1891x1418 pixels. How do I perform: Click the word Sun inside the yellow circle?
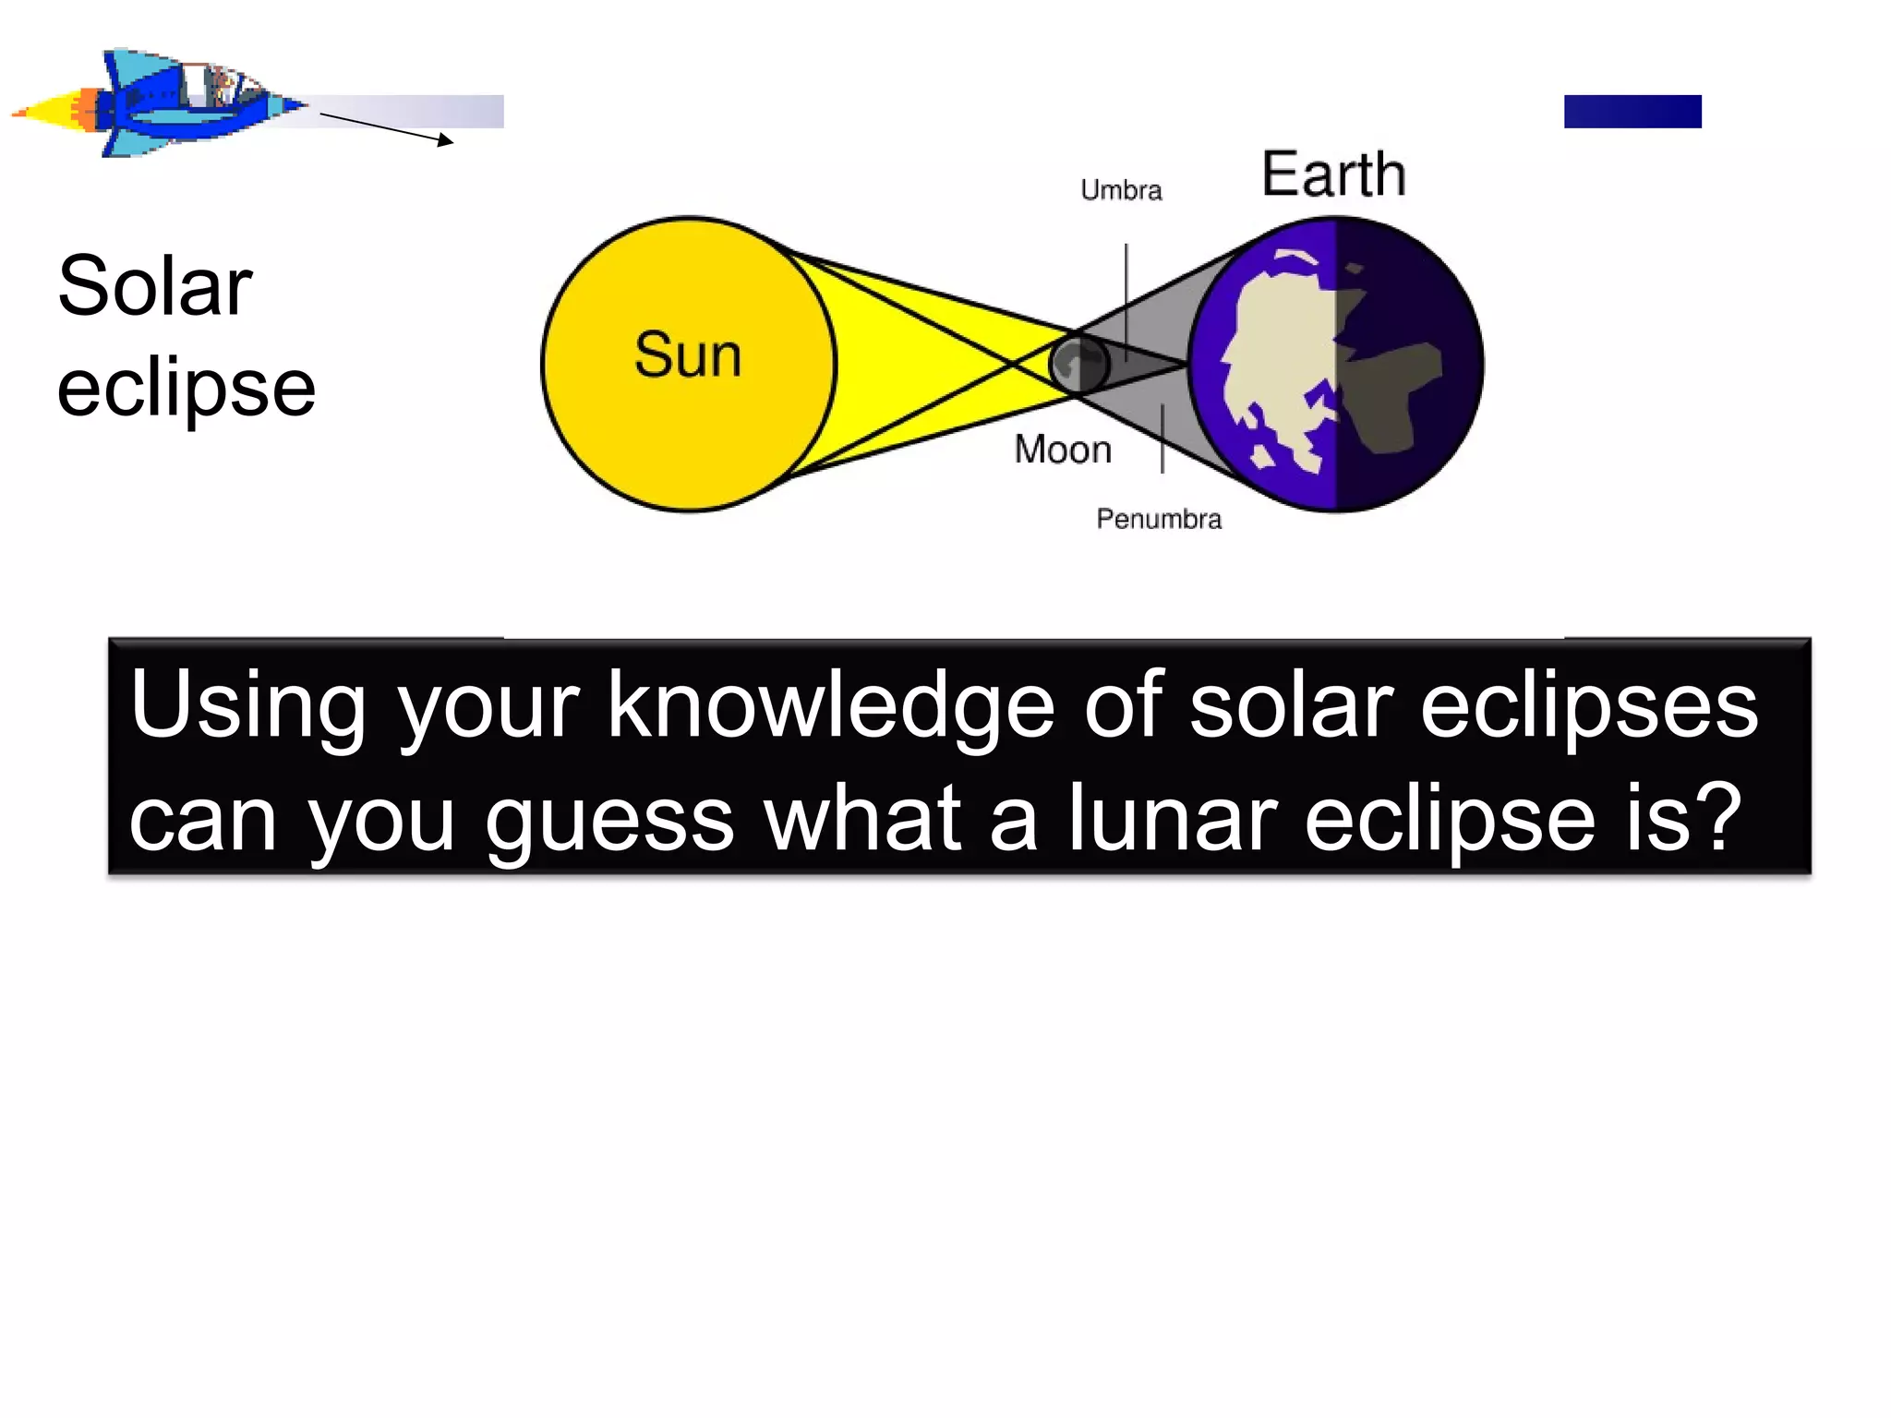pyautogui.click(x=688, y=355)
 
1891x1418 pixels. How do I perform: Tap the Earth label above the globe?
pyautogui.click(x=1333, y=174)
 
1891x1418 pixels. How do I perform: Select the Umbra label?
pyautogui.click(x=1121, y=190)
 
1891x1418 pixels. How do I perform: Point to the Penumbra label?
pyautogui.click(x=1159, y=519)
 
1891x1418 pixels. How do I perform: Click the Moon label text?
pyautogui.click(x=1063, y=450)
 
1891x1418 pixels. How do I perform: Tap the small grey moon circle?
pyautogui.click(x=1078, y=364)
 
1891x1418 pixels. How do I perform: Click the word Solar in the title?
pyautogui.click(x=155, y=286)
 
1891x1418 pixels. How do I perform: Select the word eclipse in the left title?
pyautogui.click(x=187, y=388)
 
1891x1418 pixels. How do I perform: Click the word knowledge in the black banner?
pyautogui.click(x=830, y=706)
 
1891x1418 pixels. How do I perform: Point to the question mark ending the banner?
pyautogui.click(x=1719, y=817)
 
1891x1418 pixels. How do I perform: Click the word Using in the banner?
pyautogui.click(x=248, y=706)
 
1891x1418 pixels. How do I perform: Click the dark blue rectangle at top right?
pyautogui.click(x=1632, y=112)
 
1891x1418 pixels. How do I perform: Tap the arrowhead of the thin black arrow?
pyautogui.click(x=447, y=140)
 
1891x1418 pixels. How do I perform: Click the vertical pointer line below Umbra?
pyautogui.click(x=1126, y=295)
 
